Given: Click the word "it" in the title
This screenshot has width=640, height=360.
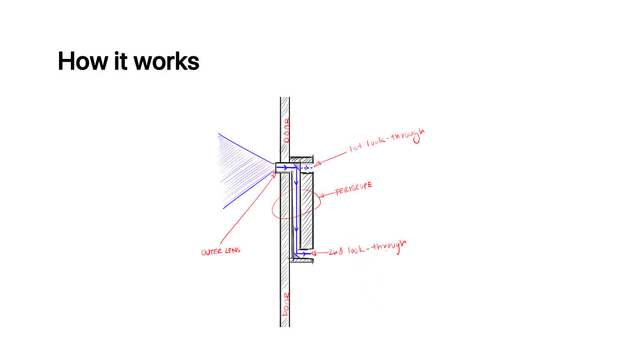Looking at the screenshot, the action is pos(121,61).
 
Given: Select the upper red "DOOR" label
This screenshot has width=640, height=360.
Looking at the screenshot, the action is pos(286,130).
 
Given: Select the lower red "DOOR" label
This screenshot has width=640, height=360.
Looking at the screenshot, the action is pos(286,304).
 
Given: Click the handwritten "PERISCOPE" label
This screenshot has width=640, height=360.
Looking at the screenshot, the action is pos(353,189).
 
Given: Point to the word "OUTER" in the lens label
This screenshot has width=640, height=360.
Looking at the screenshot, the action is pos(212,252).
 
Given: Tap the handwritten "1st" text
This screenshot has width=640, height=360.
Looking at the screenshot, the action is pos(356,149).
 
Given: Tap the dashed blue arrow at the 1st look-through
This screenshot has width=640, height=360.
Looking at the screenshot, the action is pos(306,168).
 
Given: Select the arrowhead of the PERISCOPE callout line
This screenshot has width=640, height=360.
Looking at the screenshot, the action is pos(321,197).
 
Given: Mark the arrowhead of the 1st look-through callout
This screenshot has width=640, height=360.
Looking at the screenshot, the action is pos(316,165).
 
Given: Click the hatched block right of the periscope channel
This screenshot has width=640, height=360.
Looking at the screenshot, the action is pos(306,210).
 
